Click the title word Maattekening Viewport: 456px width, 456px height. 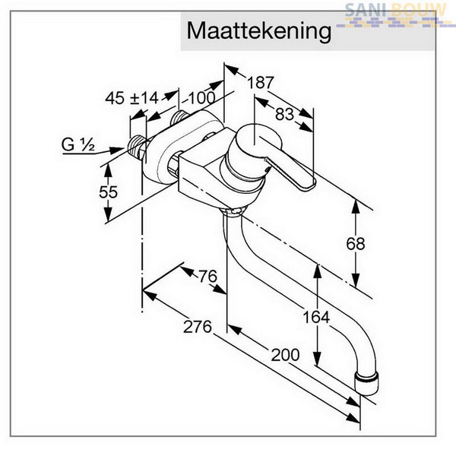click(x=259, y=31)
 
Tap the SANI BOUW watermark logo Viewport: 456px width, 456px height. click(x=395, y=15)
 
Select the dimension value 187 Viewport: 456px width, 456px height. click(x=261, y=83)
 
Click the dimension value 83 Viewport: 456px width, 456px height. click(x=284, y=114)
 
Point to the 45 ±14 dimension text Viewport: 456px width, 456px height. click(x=131, y=98)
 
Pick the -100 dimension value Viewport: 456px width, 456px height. click(x=198, y=98)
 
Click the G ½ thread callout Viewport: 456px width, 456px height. click(x=78, y=144)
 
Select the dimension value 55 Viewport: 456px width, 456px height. click(x=108, y=192)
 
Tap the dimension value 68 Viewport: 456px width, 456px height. click(x=356, y=243)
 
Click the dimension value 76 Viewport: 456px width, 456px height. click(x=208, y=276)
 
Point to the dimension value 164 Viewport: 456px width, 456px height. click(x=316, y=317)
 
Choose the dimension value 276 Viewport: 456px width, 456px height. click(x=197, y=327)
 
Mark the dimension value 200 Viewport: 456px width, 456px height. click(x=285, y=354)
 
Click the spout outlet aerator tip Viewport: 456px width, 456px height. click(x=367, y=383)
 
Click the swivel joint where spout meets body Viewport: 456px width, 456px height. click(x=234, y=210)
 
